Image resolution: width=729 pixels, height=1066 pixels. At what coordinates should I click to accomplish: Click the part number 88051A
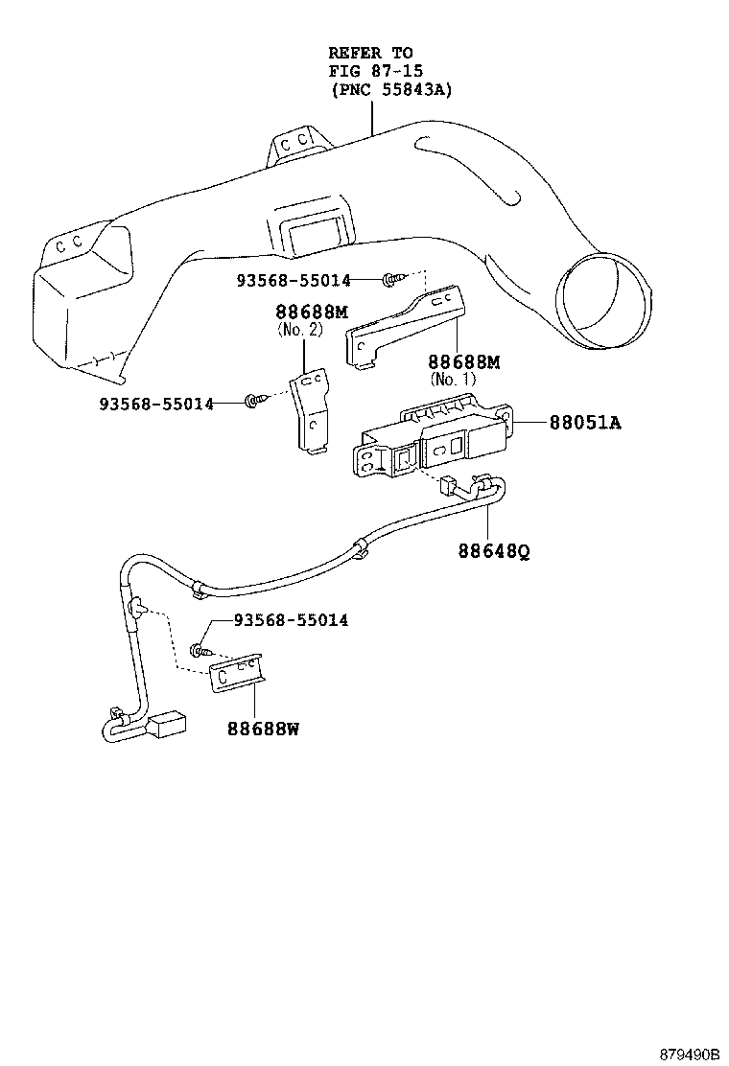click(x=584, y=422)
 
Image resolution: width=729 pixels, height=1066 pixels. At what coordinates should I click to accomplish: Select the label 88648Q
click(x=494, y=552)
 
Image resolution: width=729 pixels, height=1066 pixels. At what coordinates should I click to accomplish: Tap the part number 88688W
click(x=263, y=729)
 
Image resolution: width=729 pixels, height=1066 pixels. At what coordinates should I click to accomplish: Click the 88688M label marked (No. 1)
click(x=463, y=362)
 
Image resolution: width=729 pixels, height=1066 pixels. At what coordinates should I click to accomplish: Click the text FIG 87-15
click(x=375, y=71)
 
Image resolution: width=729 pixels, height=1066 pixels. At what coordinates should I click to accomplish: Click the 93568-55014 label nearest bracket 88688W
click(x=291, y=621)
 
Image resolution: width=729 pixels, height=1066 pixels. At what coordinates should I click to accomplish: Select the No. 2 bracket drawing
click(x=308, y=412)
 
